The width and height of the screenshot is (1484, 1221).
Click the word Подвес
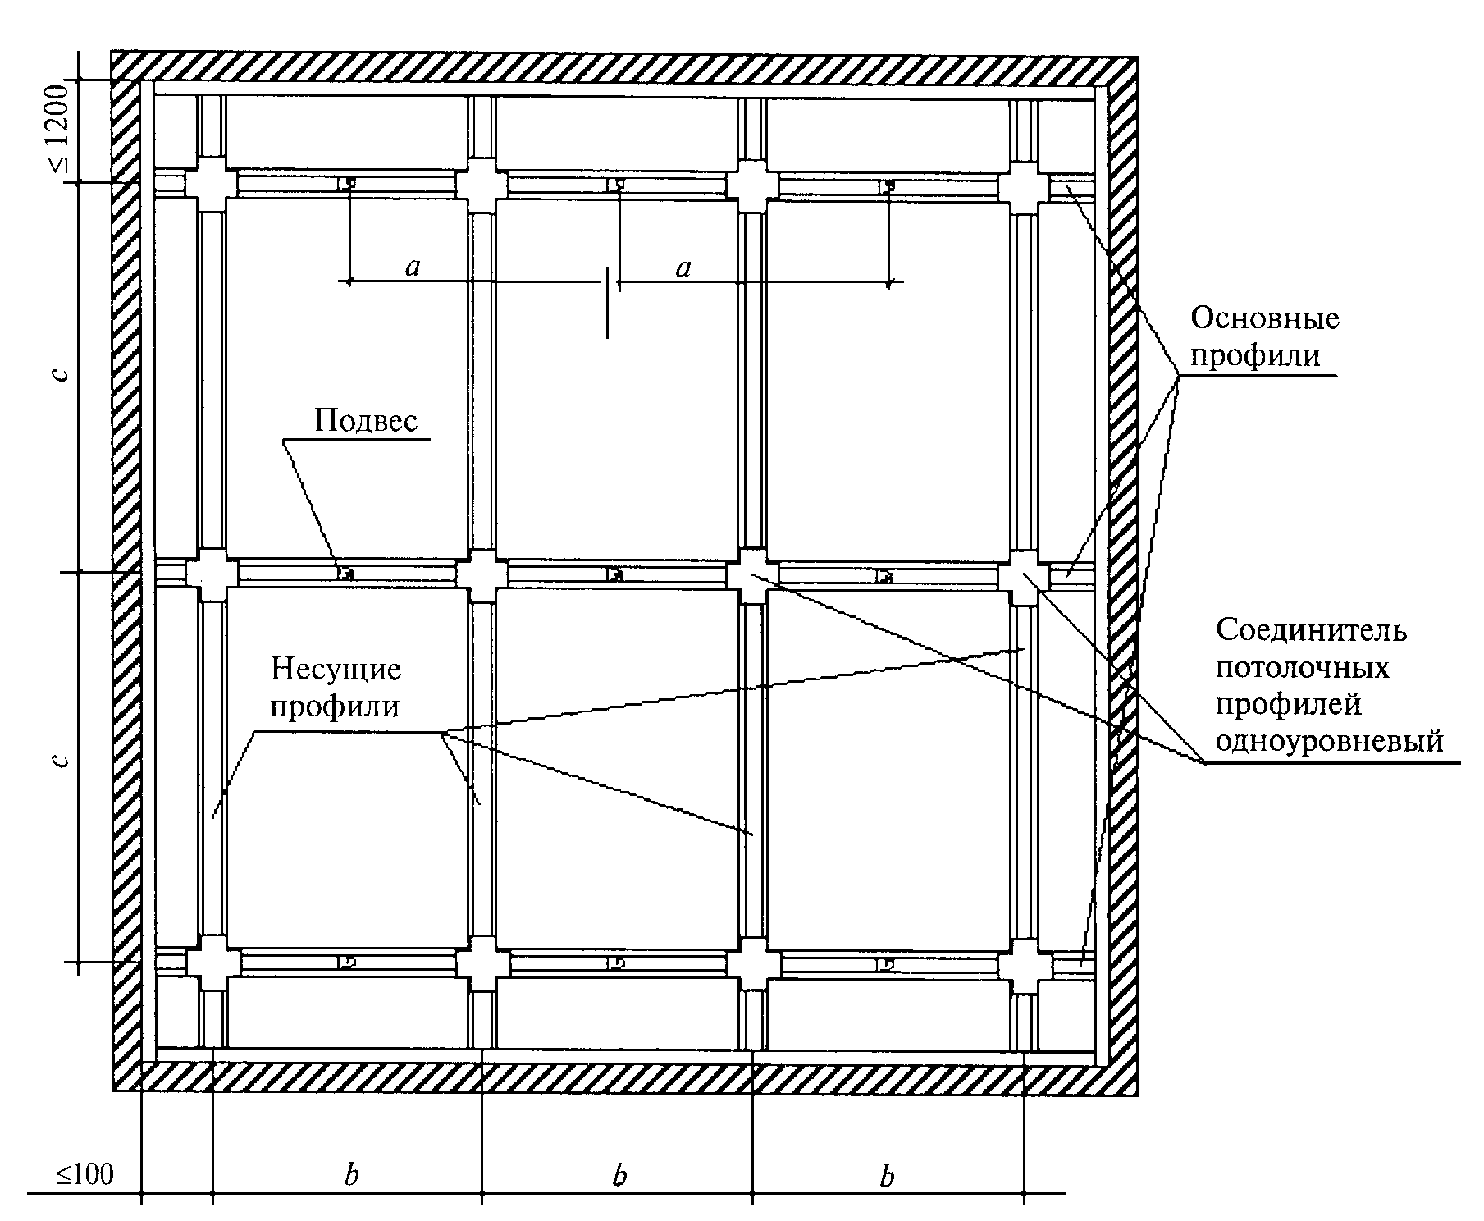click(x=366, y=421)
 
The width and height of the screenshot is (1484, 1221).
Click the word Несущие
click(x=336, y=670)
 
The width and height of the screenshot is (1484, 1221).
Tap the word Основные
click(x=1264, y=318)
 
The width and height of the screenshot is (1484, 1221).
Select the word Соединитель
click(x=1311, y=630)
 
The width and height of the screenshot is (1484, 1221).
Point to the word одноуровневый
click(x=1329, y=741)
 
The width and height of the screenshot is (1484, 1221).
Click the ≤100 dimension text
click(x=84, y=1174)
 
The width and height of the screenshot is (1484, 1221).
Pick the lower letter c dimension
click(x=59, y=759)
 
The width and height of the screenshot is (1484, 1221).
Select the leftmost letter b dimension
click(x=351, y=1175)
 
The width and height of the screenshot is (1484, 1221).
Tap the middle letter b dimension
click(x=619, y=1175)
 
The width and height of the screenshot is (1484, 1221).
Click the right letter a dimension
click(x=683, y=268)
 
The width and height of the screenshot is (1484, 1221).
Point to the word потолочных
click(x=1302, y=667)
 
